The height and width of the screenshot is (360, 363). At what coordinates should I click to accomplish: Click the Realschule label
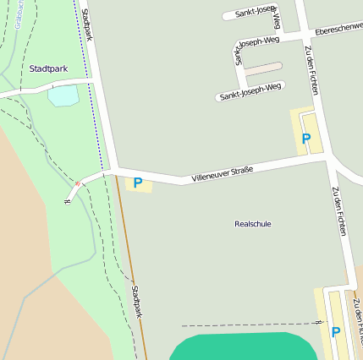point(252,224)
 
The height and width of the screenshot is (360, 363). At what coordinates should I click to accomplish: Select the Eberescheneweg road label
point(338,30)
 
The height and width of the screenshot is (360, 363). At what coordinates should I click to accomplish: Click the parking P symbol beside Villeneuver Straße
point(138,183)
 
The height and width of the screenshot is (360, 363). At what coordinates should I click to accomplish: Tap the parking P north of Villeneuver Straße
point(305,139)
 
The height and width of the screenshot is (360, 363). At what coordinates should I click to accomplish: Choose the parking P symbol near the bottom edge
point(335,332)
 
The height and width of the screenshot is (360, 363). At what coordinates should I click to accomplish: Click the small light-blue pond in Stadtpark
point(63,95)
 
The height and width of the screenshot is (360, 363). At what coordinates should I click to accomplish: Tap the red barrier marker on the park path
point(79,183)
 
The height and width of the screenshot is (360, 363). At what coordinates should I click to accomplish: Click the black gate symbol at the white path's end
point(67,201)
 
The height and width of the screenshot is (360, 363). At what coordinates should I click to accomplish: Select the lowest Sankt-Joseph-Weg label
point(250,92)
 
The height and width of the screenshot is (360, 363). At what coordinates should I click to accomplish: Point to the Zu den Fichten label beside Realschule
point(339,211)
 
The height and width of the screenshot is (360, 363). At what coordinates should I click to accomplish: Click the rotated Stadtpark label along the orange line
point(137,302)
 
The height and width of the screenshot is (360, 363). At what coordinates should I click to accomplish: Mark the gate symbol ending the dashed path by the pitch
point(319,322)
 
